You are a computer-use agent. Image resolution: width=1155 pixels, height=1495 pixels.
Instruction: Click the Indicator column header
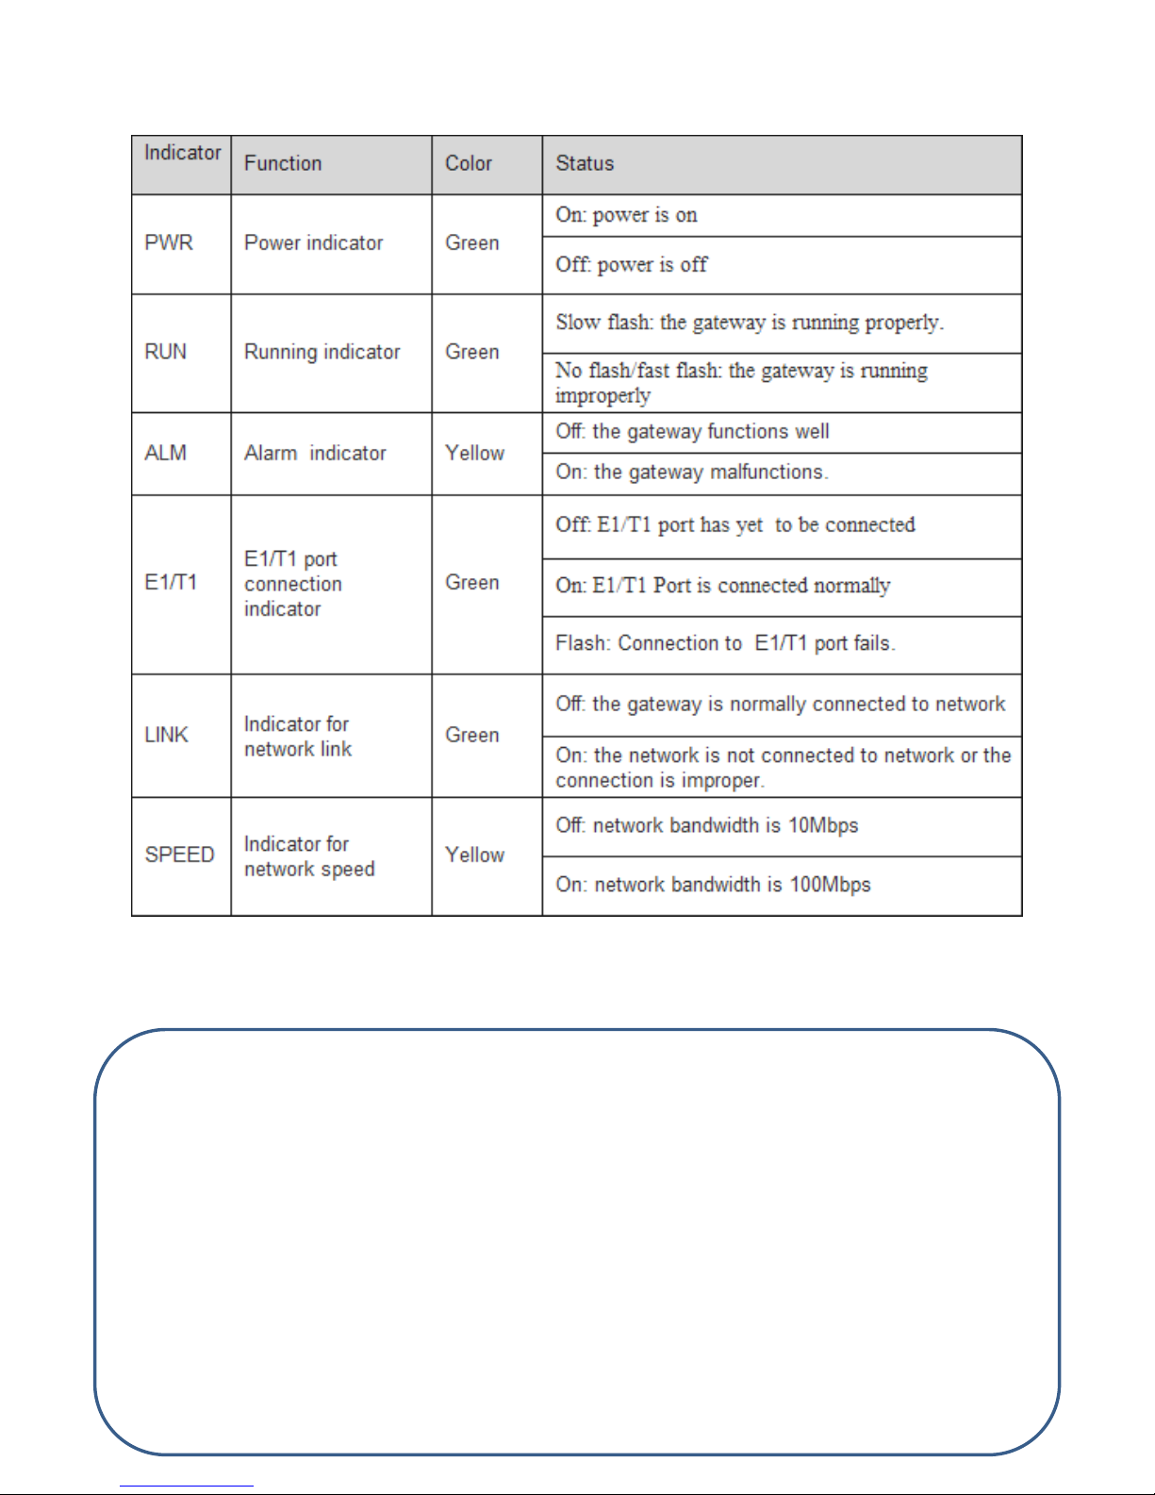(x=182, y=153)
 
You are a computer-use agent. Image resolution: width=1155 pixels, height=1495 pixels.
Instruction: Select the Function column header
(x=283, y=163)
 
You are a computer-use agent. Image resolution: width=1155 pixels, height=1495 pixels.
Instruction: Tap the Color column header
(x=469, y=163)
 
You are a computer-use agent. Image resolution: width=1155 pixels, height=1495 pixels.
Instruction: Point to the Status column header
(x=585, y=163)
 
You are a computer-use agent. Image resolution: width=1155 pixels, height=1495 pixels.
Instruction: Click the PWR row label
(x=169, y=242)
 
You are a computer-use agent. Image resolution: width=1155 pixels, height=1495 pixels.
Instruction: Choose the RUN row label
(x=166, y=352)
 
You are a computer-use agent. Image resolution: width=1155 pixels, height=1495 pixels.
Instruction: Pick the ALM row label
(x=166, y=453)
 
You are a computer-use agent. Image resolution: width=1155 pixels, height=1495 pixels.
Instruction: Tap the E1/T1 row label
(x=171, y=582)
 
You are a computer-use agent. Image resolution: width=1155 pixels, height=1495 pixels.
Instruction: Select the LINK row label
(x=167, y=735)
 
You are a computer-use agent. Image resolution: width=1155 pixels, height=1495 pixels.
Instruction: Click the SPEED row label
(x=179, y=855)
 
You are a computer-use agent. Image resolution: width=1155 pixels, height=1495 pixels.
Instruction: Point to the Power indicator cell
(x=313, y=242)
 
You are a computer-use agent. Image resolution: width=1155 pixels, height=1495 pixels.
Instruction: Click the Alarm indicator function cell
(x=315, y=453)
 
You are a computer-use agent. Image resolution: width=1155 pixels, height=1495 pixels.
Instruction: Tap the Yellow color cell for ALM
(x=474, y=453)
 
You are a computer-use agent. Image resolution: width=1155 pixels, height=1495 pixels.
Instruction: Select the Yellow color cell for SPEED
(x=474, y=855)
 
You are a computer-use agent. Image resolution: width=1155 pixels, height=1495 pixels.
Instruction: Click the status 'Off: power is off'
(x=631, y=264)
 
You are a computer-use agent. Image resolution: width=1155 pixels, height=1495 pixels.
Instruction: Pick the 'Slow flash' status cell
(x=750, y=323)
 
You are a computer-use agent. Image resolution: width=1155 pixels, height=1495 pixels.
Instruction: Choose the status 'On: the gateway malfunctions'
(x=692, y=472)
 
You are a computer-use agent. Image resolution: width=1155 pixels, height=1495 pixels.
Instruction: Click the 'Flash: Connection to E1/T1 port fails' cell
(x=725, y=643)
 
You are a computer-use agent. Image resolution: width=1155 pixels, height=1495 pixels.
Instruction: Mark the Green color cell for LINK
(x=471, y=735)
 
